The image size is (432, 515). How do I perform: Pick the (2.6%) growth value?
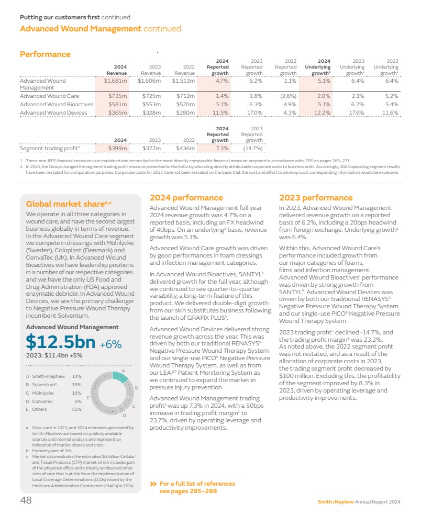pyautogui.click(x=286, y=96)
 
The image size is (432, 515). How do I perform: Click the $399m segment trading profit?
pyautogui.click(x=117, y=149)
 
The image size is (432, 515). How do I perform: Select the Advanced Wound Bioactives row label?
pyautogui.click(x=57, y=104)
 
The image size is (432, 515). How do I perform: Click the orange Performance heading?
pyautogui.click(x=45, y=54)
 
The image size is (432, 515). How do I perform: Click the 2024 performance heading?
pyautogui.click(x=186, y=198)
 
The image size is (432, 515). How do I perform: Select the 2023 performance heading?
pyautogui.click(x=316, y=198)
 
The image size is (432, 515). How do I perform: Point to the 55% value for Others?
pyautogui.click(x=76, y=409)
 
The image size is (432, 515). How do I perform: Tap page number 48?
pyautogui.click(x=26, y=500)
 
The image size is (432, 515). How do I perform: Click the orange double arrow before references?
pyautogui.click(x=153, y=484)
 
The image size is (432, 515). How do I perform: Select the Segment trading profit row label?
pyautogui.click(x=50, y=149)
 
